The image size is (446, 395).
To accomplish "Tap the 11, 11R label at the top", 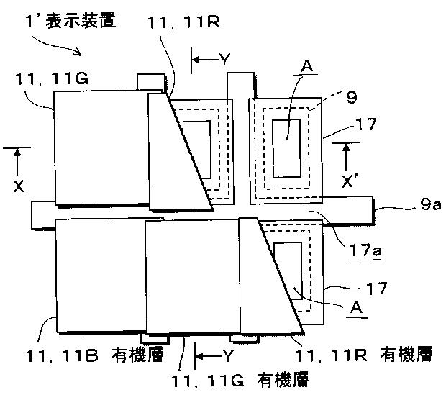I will pyautogui.click(x=179, y=24).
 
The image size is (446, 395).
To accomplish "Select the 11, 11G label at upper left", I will pyautogui.click(x=51, y=80).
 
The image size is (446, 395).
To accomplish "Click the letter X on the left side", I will pyautogui.click(x=18, y=186).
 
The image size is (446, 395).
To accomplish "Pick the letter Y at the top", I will pyautogui.click(x=224, y=60).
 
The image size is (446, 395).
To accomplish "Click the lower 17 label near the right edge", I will pyautogui.click(x=376, y=288).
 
